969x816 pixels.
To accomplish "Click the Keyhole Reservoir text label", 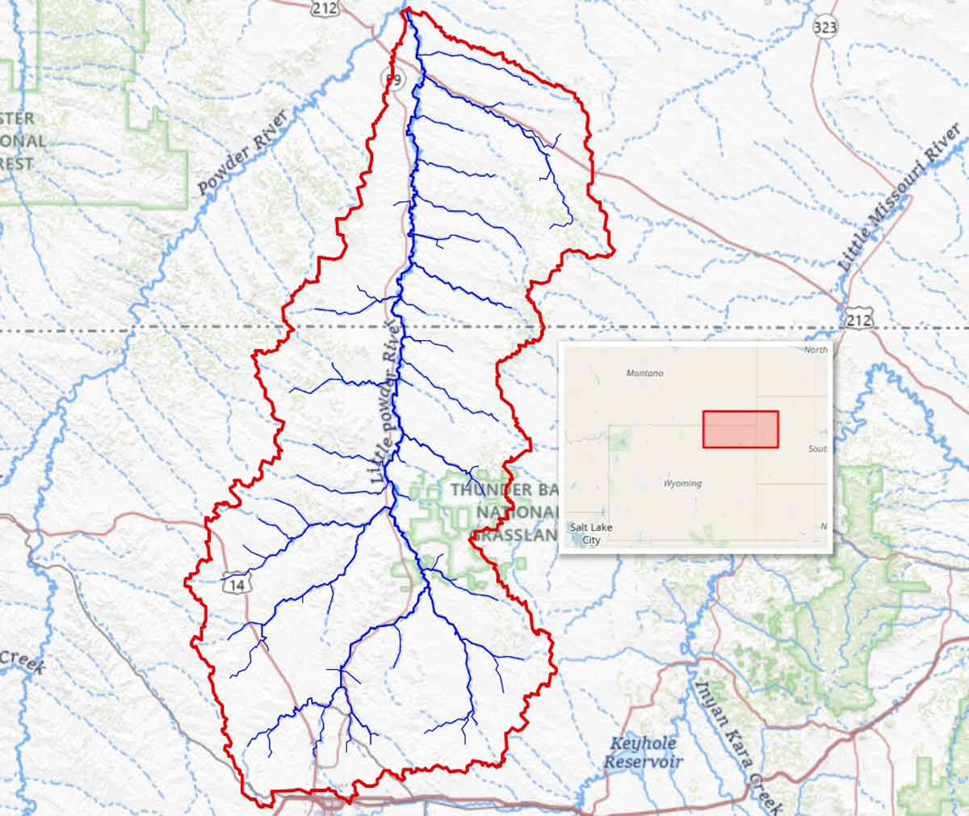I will tap(644, 752).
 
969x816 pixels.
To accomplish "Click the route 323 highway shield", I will tap(825, 27).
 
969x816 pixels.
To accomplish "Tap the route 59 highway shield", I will tap(392, 80).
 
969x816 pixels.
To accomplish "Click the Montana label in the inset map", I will tap(644, 373).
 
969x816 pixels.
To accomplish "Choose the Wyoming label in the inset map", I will tap(682, 483).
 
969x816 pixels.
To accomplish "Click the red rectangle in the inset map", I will tap(740, 429).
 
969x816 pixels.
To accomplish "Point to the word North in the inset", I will tap(816, 350).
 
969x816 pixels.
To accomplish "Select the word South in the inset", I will tap(817, 448).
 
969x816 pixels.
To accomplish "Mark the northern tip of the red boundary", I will tap(406, 10).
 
